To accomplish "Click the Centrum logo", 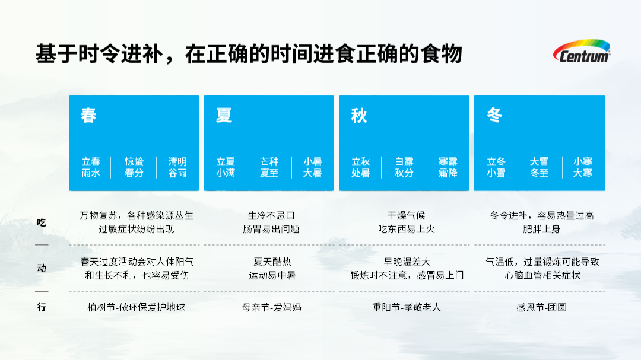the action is click(582, 51).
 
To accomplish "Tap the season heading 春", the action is click(88, 115).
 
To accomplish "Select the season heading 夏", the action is click(224, 115).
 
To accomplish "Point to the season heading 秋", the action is click(359, 115).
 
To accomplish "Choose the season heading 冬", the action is click(494, 115).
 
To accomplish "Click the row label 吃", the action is click(42, 222).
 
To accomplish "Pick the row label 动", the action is click(42, 268).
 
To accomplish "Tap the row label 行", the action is click(42, 307).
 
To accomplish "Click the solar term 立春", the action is click(91, 162).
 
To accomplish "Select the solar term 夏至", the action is click(269, 173).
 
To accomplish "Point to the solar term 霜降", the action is click(448, 173).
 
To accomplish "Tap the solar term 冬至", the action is click(539, 173).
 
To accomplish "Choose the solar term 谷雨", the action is click(177, 173).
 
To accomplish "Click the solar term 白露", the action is click(404, 162).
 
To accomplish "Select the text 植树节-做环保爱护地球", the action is click(136, 307).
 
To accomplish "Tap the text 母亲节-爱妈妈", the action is click(271, 307).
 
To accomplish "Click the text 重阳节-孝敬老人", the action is click(407, 307).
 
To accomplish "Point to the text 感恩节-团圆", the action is click(541, 307).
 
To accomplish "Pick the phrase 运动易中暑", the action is click(272, 275).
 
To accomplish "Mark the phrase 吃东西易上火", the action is click(407, 230).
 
